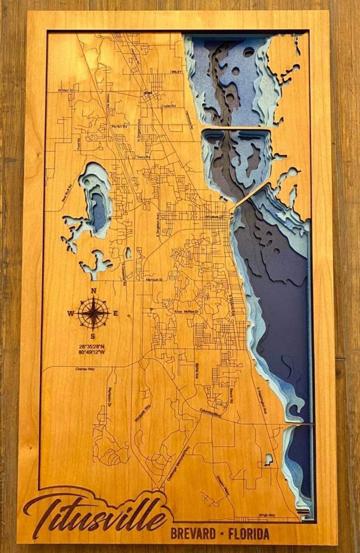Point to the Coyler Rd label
click(x=169, y=106)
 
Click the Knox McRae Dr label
click(x=186, y=312)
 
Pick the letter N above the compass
click(x=94, y=291)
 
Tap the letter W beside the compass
click(x=71, y=313)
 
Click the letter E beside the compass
click(x=116, y=313)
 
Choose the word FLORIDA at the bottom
click(x=249, y=534)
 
